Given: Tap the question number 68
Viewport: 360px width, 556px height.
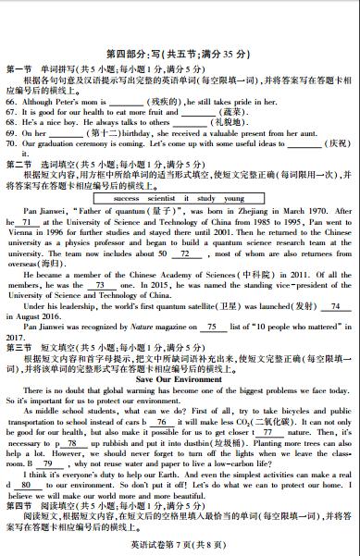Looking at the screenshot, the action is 12,121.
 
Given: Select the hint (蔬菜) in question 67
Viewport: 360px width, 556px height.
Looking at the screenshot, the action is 212,111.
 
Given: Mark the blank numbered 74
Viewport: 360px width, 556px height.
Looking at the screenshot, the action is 335,306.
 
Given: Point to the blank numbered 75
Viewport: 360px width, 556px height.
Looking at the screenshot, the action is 212,327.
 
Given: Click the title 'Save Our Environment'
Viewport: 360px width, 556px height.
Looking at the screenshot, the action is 180,379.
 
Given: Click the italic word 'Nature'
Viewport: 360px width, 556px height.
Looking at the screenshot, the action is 135,327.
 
